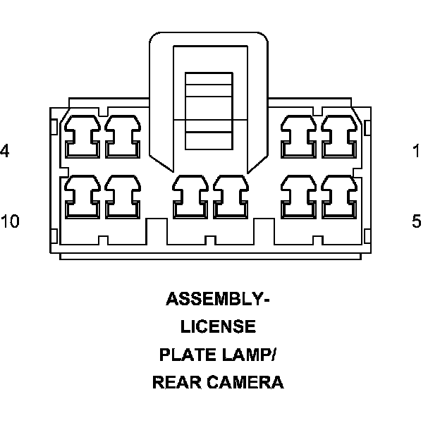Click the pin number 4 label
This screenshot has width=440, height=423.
point(4,151)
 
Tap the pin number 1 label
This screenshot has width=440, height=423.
point(417,151)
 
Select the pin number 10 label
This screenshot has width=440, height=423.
point(10,221)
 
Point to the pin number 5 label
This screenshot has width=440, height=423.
point(417,221)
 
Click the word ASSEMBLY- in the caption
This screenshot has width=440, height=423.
point(218,299)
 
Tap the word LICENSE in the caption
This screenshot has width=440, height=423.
point(218,327)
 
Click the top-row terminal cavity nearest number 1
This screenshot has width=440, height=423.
point(340,137)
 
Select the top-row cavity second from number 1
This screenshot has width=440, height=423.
point(299,137)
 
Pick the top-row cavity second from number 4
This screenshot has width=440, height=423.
point(122,137)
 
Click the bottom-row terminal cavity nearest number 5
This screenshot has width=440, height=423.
point(340,198)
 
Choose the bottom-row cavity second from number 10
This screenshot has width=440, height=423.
point(122,198)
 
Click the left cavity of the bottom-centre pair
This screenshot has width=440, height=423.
point(190,198)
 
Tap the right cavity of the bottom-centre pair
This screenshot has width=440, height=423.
point(231,198)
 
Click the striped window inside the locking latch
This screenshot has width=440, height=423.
point(210,111)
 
